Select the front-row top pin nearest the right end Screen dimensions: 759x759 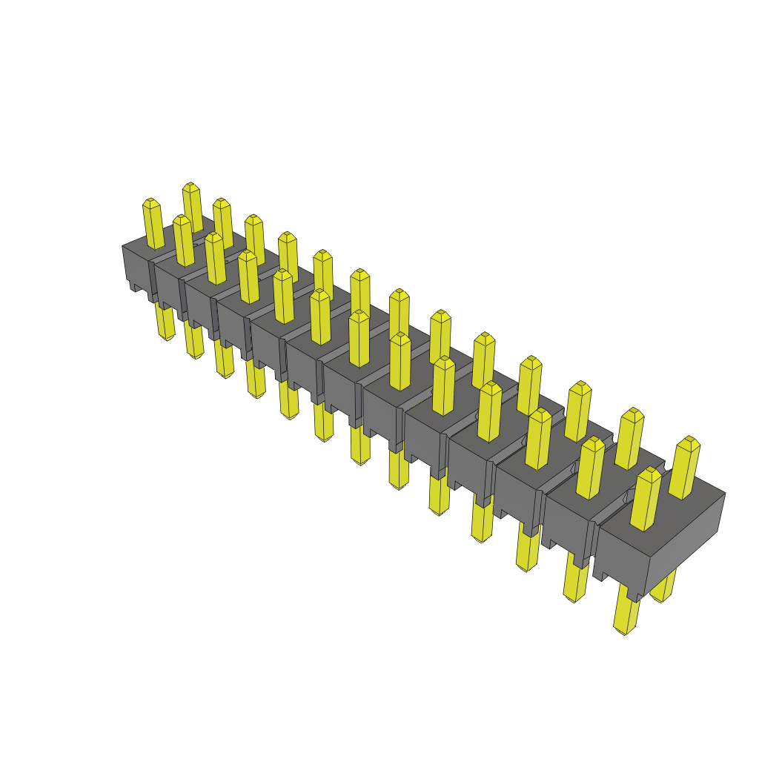646,500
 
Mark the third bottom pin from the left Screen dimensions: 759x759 223,359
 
